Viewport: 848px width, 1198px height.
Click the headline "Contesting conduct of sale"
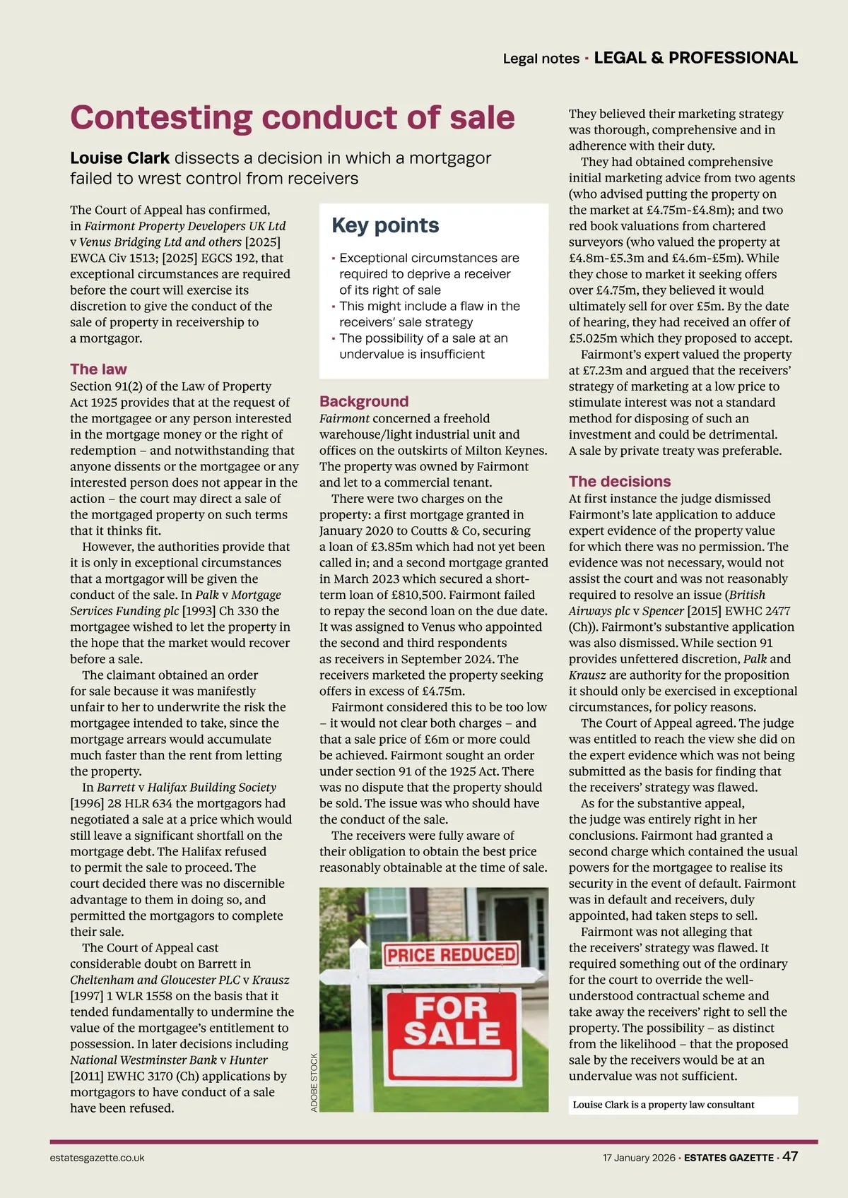(292, 118)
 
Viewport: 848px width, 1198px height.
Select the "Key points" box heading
(385, 225)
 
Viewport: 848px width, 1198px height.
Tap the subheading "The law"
(98, 369)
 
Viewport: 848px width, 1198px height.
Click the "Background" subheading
(364, 401)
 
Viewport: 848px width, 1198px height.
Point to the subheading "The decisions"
(620, 481)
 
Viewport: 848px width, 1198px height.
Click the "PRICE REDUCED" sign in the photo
(452, 955)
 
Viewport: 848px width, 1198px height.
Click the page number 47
(790, 1156)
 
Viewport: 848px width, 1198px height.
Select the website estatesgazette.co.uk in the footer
(98, 1158)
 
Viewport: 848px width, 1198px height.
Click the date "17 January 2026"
(639, 1158)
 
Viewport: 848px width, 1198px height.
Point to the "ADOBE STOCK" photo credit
(314, 1082)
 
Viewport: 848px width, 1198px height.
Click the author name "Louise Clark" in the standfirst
(119, 158)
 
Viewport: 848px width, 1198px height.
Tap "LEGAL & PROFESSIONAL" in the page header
(695, 58)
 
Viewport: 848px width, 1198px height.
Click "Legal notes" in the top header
(541, 59)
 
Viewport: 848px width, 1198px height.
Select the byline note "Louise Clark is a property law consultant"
(663, 1105)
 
